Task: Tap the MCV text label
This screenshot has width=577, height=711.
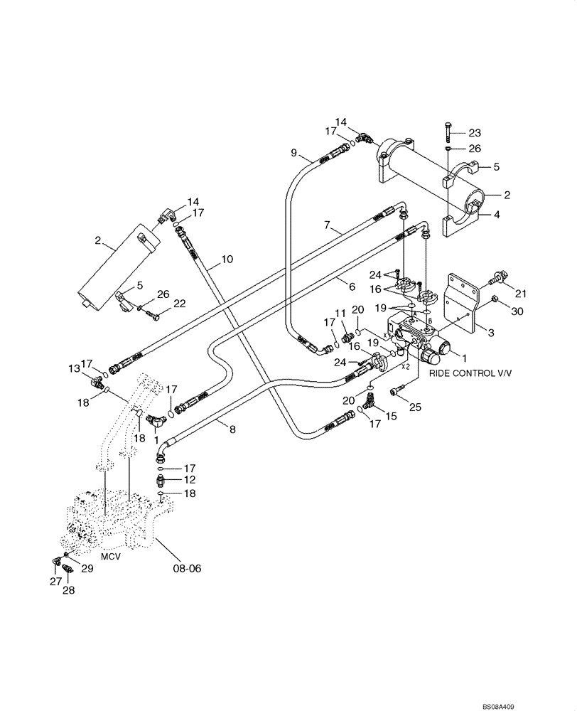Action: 110,556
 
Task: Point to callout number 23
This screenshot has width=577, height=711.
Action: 475,132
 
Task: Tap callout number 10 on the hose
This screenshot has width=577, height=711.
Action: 227,260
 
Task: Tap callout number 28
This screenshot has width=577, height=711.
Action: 69,589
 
